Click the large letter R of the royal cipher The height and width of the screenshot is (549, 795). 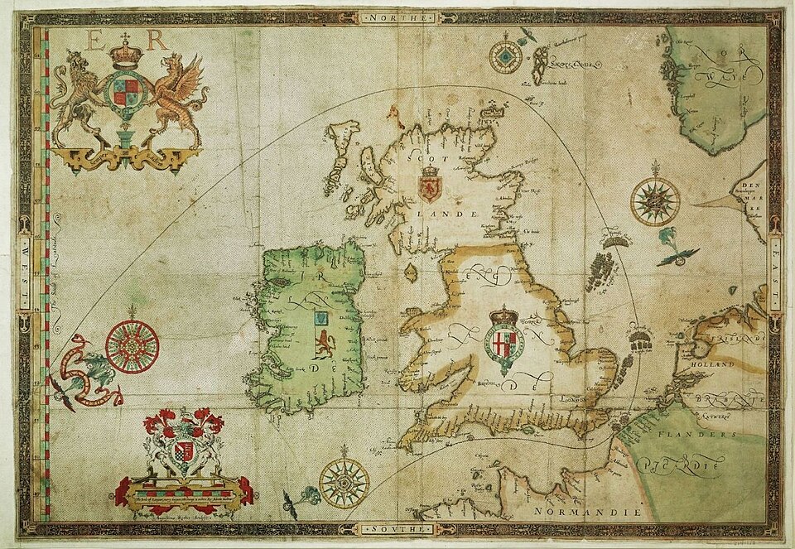click(157, 39)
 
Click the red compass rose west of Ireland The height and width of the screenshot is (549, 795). click(132, 345)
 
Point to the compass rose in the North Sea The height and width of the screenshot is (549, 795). click(655, 201)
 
